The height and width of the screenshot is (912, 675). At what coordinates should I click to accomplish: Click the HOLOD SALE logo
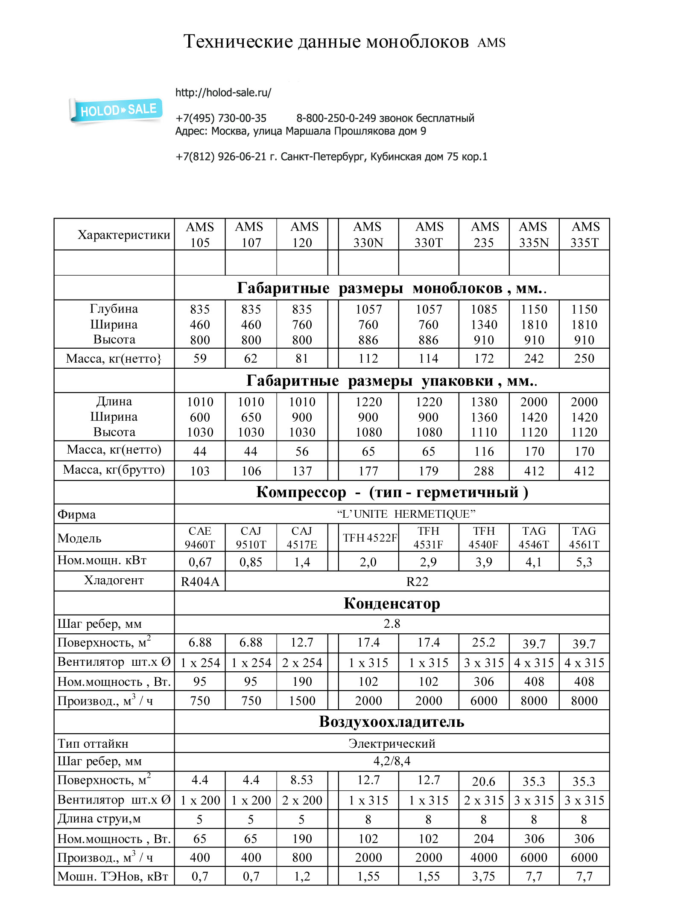116,110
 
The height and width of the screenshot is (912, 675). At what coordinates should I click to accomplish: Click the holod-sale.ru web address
223,93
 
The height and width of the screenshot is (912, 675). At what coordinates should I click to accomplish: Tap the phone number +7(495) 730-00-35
221,118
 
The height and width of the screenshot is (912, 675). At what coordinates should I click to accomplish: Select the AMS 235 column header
484,234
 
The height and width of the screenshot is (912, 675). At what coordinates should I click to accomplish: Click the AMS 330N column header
368,234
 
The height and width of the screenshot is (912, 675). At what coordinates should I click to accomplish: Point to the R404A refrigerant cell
200,582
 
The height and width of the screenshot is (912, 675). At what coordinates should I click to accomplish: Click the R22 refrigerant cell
417,582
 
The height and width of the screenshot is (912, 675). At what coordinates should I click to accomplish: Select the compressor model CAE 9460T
200,538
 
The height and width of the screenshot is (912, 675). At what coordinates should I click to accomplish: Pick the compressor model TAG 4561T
584,538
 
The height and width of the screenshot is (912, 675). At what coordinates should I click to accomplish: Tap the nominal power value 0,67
200,562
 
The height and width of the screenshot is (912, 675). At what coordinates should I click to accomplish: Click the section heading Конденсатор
392,603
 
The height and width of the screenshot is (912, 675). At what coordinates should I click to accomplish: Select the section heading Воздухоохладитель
392,722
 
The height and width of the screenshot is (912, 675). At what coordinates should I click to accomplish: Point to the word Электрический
392,743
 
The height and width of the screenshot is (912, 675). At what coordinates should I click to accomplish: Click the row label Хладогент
114,580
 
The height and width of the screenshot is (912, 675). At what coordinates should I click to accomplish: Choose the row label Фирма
77,515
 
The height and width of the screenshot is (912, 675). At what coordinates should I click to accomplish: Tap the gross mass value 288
484,471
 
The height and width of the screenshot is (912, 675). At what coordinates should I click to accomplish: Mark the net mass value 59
200,358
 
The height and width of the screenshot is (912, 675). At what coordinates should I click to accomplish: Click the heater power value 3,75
484,877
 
